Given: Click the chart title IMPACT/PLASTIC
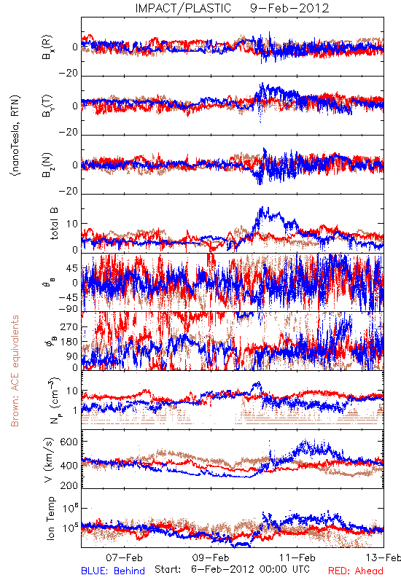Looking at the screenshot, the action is point(183,8).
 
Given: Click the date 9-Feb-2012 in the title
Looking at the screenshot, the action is point(289,8).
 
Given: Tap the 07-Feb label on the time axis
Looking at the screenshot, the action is point(124,557).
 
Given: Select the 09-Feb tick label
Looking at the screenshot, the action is point(211,557).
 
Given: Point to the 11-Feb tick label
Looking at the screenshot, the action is point(297,557).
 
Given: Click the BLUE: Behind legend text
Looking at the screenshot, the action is point(113,571).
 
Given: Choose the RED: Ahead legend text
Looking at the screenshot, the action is point(356,571).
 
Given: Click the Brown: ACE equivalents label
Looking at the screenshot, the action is point(15,371).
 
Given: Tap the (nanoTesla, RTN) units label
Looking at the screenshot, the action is point(15,135).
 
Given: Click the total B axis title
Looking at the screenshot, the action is point(54,224).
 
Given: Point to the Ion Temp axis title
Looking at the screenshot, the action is point(50,518).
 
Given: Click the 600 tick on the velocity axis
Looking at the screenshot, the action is point(69,442).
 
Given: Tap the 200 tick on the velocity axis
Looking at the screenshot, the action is point(69,485).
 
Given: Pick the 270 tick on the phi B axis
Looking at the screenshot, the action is point(69,326).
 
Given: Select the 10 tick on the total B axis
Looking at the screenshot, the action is point(72,224).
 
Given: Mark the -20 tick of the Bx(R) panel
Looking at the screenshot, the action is point(68,74).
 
